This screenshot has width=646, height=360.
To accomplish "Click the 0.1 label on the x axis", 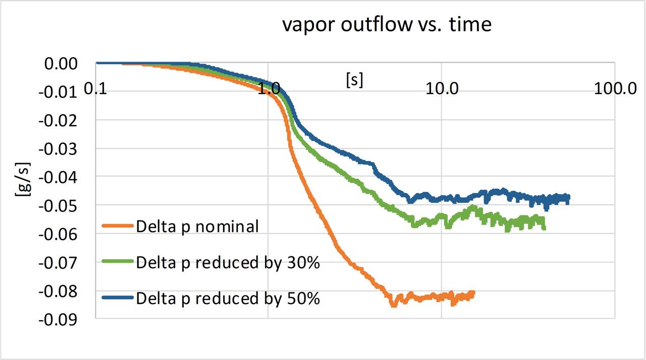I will point(96,89).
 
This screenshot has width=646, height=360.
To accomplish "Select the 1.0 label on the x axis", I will point(268,89).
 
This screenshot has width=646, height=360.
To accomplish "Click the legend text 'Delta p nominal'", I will point(197,226).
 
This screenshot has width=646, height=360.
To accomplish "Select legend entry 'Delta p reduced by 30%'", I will point(228,263).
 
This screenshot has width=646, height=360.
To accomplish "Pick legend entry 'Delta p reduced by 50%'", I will point(228,298).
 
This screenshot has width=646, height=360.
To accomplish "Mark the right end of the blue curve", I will point(568,198).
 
